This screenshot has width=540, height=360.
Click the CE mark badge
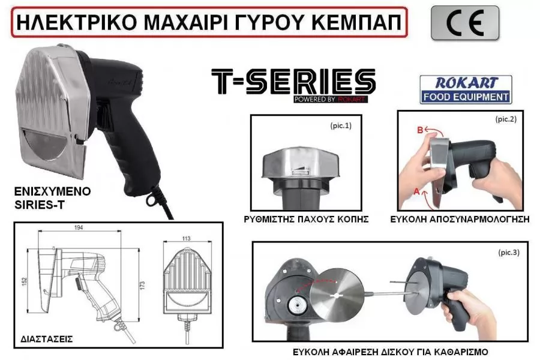(464, 23)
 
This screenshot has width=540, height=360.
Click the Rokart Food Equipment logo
(466, 89)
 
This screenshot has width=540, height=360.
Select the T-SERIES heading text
(293, 82)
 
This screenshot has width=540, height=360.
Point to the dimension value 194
(79, 227)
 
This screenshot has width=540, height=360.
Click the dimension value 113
(186, 238)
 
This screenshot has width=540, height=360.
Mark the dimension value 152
(25, 281)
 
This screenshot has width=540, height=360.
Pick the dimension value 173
(143, 285)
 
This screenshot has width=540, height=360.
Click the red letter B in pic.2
(420, 130)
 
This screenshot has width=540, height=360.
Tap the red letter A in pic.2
(416, 191)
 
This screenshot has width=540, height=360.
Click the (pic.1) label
(341, 126)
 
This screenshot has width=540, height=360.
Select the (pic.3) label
(509, 253)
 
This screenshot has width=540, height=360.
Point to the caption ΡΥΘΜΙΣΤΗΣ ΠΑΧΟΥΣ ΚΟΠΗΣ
(306, 220)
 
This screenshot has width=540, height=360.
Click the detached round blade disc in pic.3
(337, 295)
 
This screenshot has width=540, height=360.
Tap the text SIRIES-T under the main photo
(39, 205)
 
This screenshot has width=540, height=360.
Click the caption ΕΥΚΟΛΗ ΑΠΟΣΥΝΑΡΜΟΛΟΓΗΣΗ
(460, 220)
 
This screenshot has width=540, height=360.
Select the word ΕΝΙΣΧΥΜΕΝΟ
(52, 191)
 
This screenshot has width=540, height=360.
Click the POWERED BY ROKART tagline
(331, 100)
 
